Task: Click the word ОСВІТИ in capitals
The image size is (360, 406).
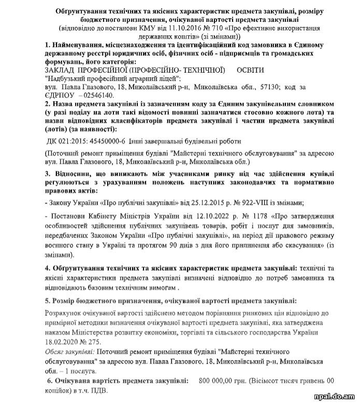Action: click(x=250, y=69)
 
